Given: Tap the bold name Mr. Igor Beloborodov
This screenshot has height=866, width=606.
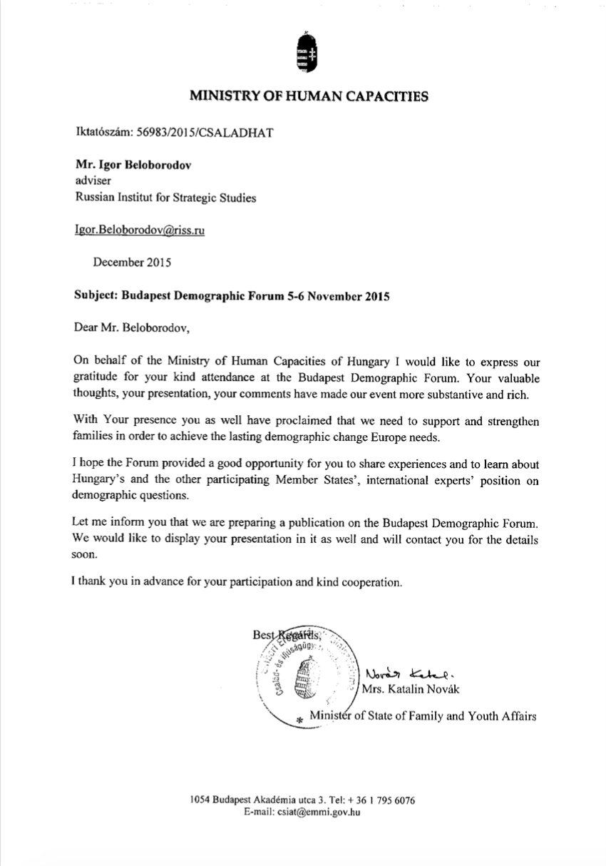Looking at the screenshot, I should (133, 164).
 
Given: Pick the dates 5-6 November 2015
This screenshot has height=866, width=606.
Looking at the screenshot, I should (336, 295).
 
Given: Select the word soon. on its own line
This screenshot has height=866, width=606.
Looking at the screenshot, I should (85, 559).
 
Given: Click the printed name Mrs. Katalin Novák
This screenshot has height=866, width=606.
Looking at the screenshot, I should (413, 689).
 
